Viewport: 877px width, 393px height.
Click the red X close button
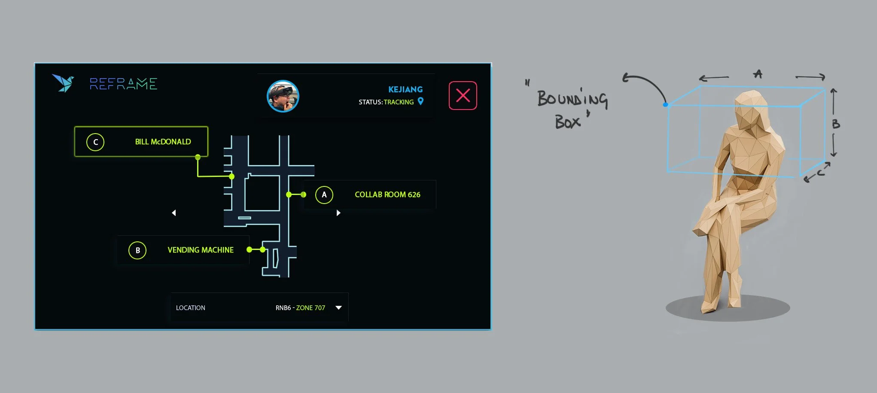[x=463, y=95]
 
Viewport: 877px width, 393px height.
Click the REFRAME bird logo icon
[x=63, y=83]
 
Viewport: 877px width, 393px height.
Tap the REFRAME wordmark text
[x=123, y=84]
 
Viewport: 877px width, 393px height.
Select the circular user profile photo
[x=283, y=96]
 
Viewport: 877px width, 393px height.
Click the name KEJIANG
[x=405, y=89]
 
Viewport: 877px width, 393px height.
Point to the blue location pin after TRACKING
[x=420, y=101]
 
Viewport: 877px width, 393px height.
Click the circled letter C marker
[x=95, y=142]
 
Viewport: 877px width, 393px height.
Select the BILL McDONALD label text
[x=163, y=142]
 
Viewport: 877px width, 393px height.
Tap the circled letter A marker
[x=324, y=195]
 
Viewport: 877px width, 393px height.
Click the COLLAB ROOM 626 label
[x=387, y=195]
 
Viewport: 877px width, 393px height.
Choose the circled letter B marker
[x=137, y=250]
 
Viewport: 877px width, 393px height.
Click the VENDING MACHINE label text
[x=201, y=250]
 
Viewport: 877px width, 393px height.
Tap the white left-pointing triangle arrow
[x=174, y=213]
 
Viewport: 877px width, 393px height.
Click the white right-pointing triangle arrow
[x=338, y=213]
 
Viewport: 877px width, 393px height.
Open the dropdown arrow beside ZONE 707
[x=338, y=308]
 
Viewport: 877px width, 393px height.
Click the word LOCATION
[x=190, y=308]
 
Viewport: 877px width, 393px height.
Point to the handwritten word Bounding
[x=572, y=99]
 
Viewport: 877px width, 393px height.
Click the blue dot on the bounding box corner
[x=665, y=104]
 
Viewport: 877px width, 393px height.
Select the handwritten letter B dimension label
[x=835, y=124]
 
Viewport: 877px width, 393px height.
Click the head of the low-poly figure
[x=750, y=110]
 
